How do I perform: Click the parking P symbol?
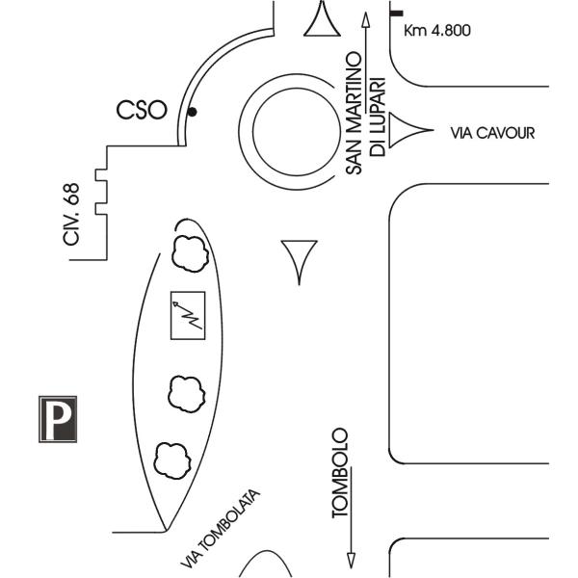(x=59, y=419)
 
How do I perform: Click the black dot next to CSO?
(x=193, y=113)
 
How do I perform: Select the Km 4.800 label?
(x=437, y=31)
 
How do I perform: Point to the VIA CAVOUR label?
(x=492, y=133)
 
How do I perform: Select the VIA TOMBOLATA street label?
(x=221, y=528)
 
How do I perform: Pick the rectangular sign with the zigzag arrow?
(x=188, y=315)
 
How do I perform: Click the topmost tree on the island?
(x=188, y=252)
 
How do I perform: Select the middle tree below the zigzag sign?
(x=186, y=392)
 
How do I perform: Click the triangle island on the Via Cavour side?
(x=406, y=132)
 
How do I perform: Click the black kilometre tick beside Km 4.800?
(x=397, y=12)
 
